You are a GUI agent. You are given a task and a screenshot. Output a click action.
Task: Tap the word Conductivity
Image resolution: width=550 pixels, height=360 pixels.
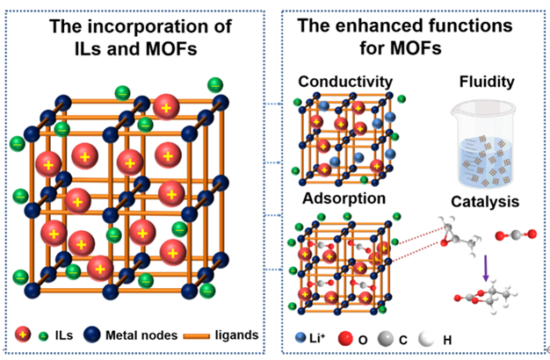344,82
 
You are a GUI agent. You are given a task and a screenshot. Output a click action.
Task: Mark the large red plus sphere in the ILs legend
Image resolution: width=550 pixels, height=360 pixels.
25,334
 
